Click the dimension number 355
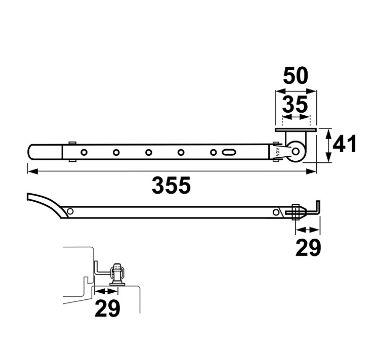coord(171,185)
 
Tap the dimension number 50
coord(296,75)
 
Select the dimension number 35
coord(295,104)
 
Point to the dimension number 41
coord(344,144)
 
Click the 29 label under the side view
coord(308,248)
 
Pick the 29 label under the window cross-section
coord(107,308)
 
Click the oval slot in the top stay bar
coord(228,152)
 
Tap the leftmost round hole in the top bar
coord(84,152)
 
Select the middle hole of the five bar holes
coord(149,152)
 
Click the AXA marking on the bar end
coord(277,152)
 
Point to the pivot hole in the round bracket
coord(296,152)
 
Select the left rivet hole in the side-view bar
coord(70,211)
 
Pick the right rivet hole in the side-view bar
coord(276,212)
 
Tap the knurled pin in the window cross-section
coord(117,266)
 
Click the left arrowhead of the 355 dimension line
coord(32,171)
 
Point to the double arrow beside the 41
coord(328,146)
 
